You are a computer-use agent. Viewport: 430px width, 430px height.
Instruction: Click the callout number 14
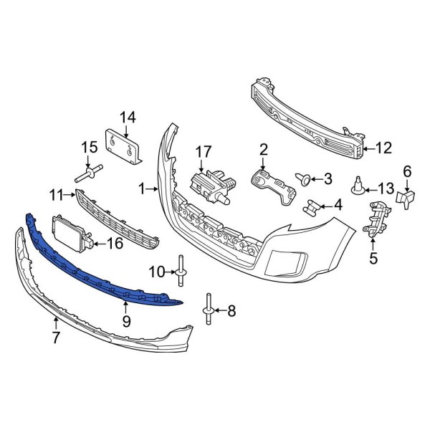[128, 118]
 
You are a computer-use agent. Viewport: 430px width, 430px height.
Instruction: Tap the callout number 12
[383, 148]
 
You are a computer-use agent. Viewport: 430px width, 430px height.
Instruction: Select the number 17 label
[204, 152]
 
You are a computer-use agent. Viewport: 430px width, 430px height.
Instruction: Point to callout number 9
[126, 321]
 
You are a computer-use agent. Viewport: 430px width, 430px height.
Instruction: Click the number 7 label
[56, 337]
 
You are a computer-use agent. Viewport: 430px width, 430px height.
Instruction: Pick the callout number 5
[373, 258]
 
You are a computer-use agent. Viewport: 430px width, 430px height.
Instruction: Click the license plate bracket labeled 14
[123, 146]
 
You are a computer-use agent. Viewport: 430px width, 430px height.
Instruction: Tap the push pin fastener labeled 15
[88, 173]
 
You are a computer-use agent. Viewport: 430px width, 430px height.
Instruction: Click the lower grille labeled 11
[117, 219]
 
